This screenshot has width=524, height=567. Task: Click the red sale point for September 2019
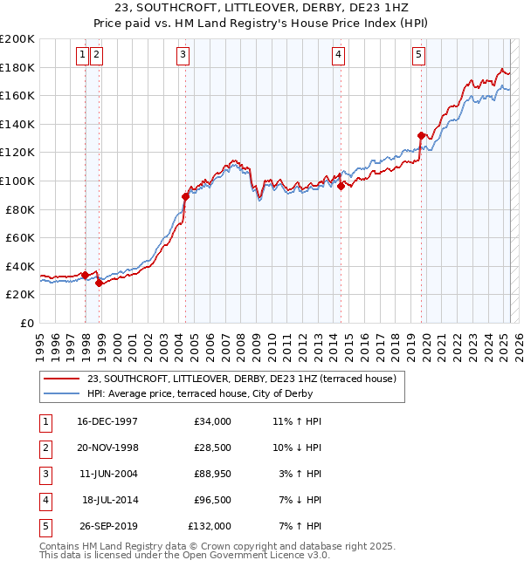click(421, 135)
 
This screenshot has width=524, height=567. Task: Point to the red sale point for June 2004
click(185, 196)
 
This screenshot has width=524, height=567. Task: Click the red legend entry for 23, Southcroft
click(242, 379)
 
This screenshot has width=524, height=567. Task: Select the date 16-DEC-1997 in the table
click(107, 421)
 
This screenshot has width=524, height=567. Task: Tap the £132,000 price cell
click(210, 526)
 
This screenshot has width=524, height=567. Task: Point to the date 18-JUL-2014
click(109, 500)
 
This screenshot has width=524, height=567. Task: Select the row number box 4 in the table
click(45, 500)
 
